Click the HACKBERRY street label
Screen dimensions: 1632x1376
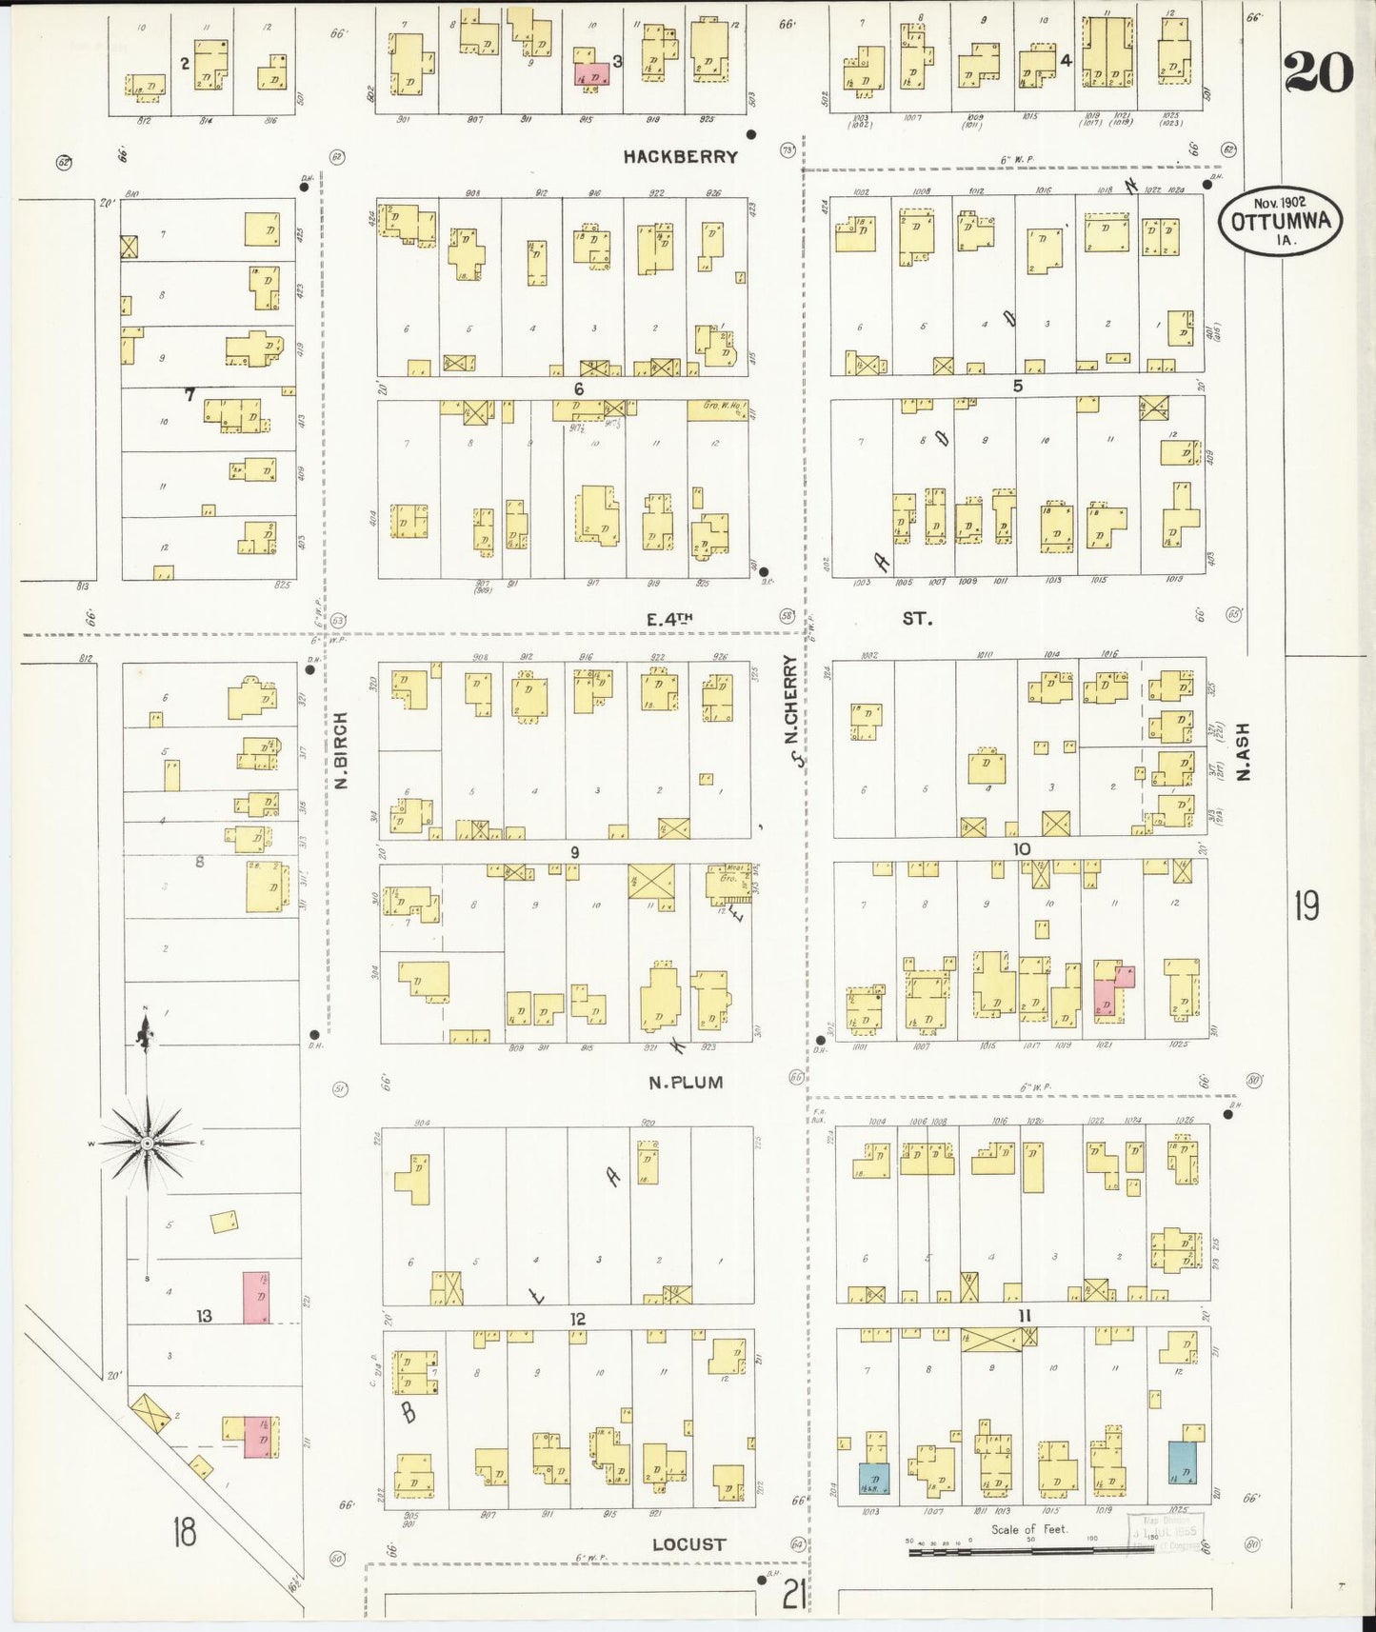coord(680,156)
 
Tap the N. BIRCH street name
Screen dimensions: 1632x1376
coord(341,750)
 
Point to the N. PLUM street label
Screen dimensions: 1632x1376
coord(686,1083)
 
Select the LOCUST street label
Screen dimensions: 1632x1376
coord(688,1544)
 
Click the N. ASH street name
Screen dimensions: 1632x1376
coord(1242,752)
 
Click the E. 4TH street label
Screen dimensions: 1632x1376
coord(669,620)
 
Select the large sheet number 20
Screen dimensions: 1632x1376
coord(1318,72)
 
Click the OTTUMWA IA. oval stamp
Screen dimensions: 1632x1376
coord(1280,221)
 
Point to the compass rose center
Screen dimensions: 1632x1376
coord(147,1142)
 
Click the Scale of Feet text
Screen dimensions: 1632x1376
coord(1028,1529)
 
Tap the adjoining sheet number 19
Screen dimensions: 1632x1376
coord(1306,906)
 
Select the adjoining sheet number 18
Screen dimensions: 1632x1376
coord(184,1533)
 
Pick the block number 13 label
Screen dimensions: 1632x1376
coord(204,1316)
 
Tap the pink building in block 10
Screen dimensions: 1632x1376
coord(1107,993)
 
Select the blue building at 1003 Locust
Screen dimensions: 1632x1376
coord(873,1478)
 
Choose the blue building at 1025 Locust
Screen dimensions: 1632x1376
coord(1182,1462)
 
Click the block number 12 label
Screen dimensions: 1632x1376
coord(577,1319)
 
